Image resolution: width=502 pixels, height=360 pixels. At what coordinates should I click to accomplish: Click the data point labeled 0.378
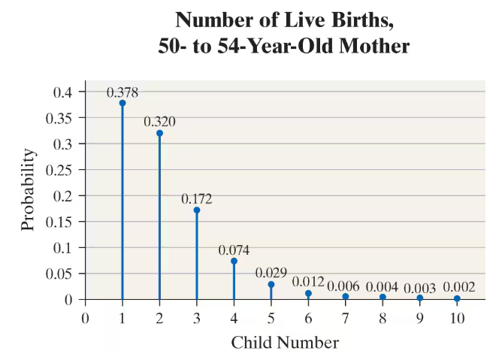coord(122,103)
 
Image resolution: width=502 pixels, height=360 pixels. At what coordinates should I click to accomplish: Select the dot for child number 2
coord(159,133)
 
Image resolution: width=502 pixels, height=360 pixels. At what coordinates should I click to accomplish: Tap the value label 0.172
coord(197,199)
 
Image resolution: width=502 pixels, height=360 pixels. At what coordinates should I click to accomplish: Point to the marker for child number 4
coord(234,261)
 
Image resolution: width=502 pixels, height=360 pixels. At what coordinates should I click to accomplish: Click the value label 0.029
coord(271,272)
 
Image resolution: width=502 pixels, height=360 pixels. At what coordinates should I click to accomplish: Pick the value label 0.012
coord(308,282)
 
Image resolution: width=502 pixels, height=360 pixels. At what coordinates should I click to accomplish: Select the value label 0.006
coord(345,286)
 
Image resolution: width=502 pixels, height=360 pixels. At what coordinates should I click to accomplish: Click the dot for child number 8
coord(383,297)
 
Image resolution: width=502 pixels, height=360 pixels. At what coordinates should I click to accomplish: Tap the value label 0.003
coord(419,287)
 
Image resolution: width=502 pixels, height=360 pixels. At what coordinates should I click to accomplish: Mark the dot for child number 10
coord(457,298)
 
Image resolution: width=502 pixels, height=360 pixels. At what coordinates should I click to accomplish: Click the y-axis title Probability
coord(28,189)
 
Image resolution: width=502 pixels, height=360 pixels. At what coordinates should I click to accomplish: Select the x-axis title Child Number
coord(285,343)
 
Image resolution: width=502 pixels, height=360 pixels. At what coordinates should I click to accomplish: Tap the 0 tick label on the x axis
coord(85,317)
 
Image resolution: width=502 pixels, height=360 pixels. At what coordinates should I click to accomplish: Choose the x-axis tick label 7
coord(345,317)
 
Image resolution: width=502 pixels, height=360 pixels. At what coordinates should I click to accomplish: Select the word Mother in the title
coord(370,46)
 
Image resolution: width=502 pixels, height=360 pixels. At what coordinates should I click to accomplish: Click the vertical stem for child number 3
coord(197,256)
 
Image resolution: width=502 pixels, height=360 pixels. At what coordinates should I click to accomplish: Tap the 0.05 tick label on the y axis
coord(64,273)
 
